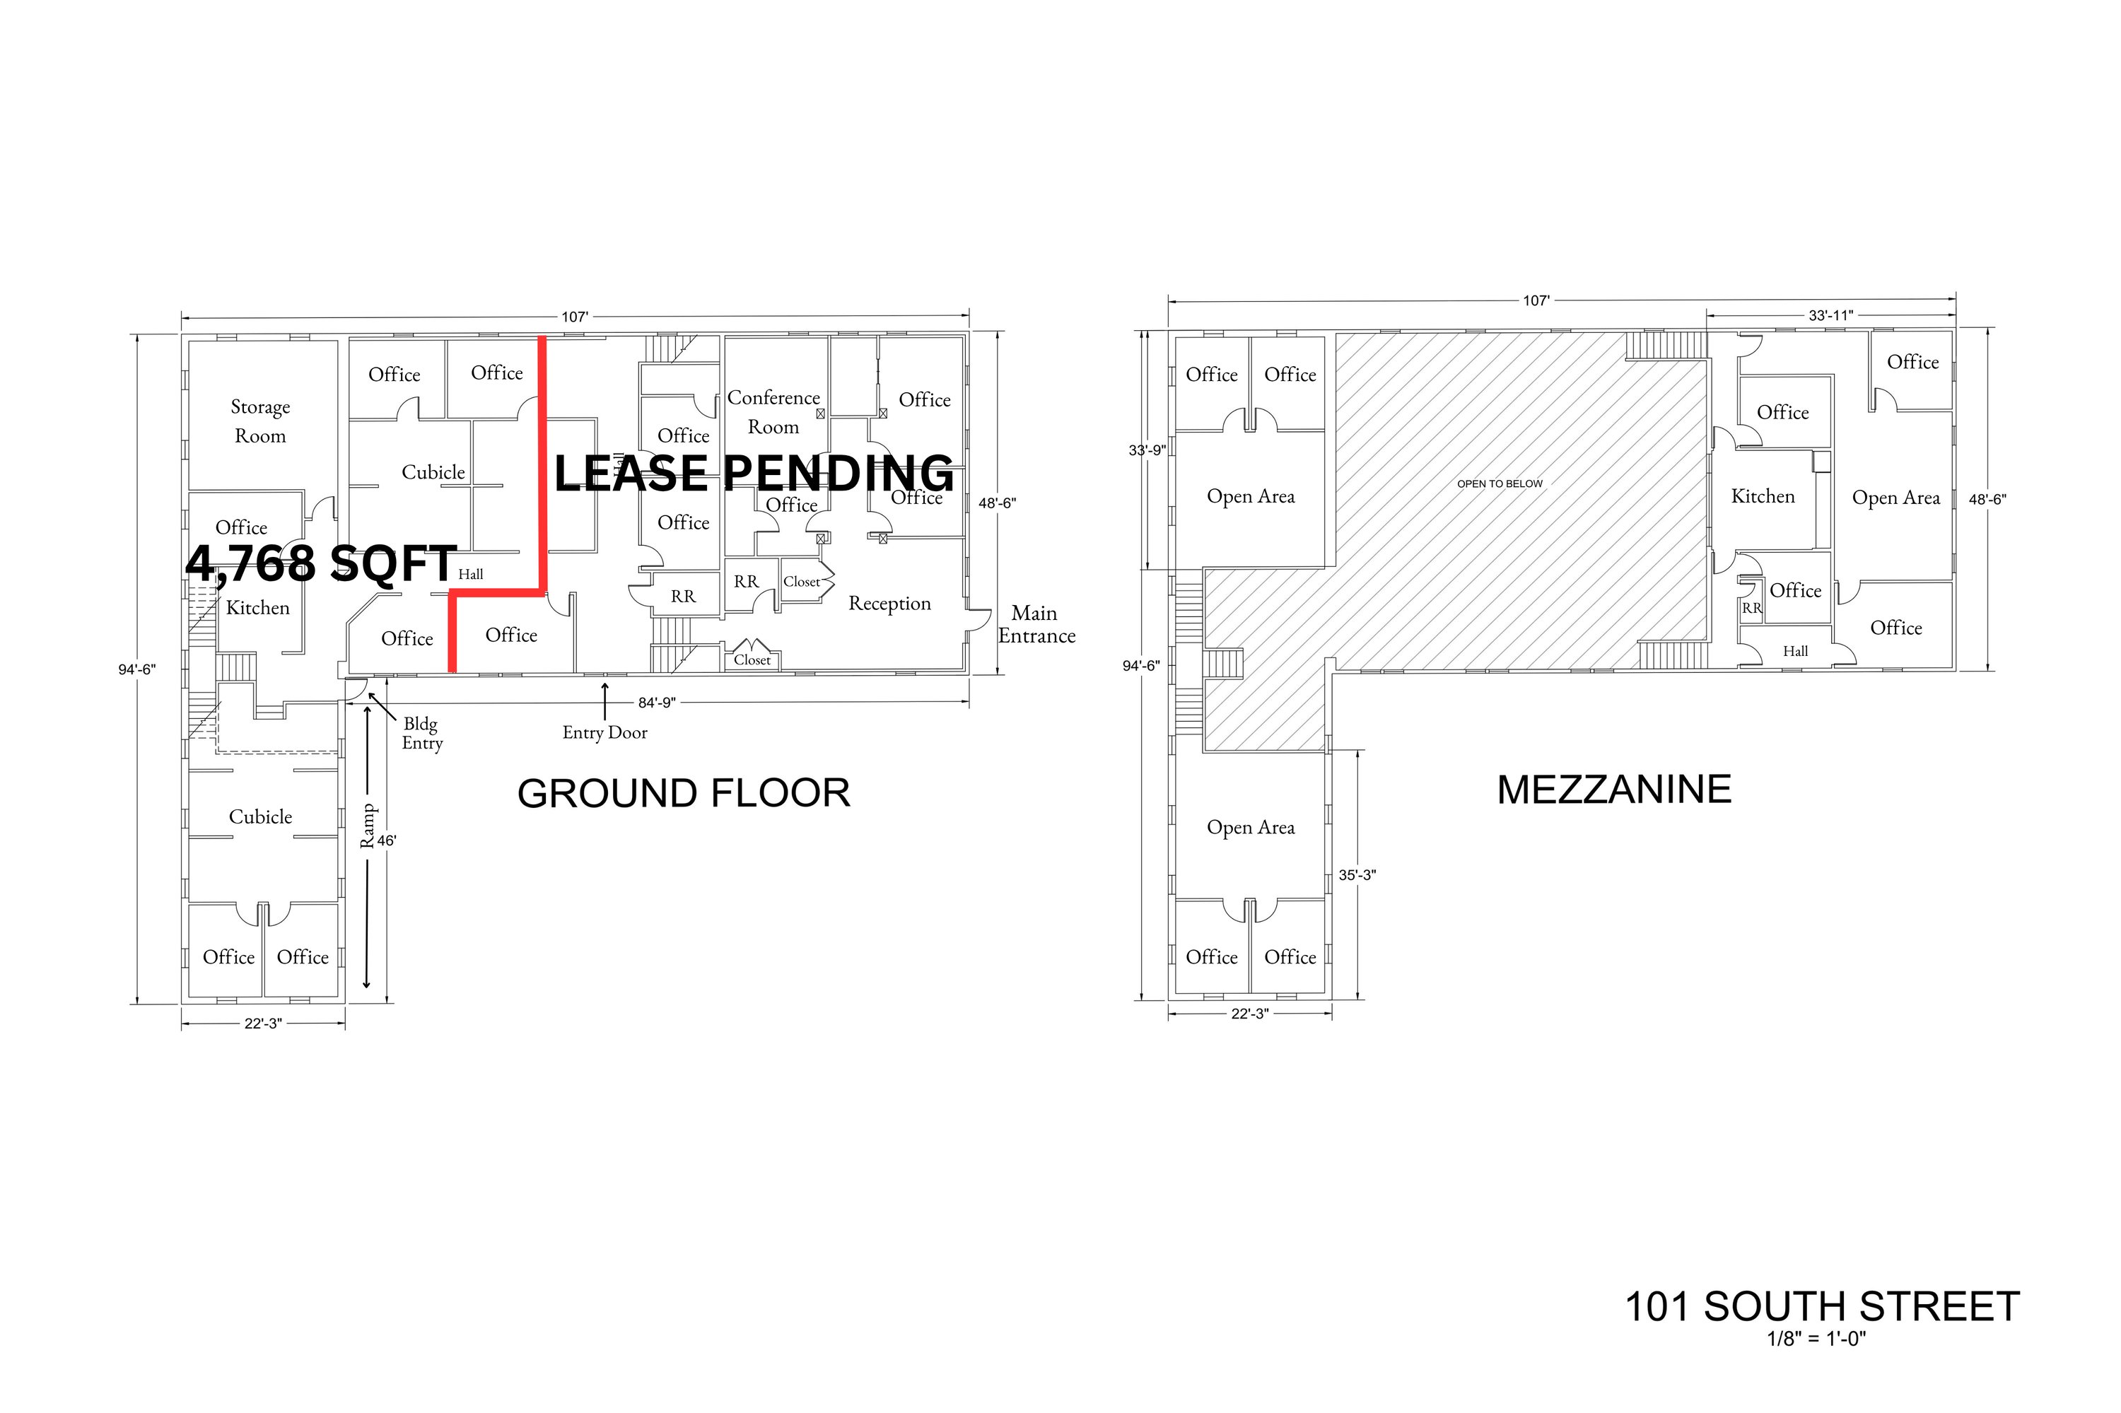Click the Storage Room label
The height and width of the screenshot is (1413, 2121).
pyautogui.click(x=259, y=421)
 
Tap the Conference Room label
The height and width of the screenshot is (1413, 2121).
pyautogui.click(x=773, y=412)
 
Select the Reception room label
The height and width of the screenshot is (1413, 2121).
pyautogui.click(x=889, y=604)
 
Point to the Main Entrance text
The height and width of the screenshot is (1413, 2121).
pyautogui.click(x=1036, y=623)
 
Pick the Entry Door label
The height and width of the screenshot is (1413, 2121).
pyautogui.click(x=605, y=732)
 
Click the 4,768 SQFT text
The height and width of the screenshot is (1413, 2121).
pyautogui.click(x=321, y=563)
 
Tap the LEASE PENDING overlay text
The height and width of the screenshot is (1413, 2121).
pyautogui.click(x=754, y=473)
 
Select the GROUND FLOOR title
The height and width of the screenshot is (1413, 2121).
pyautogui.click(x=683, y=793)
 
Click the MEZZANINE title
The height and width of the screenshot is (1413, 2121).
pyautogui.click(x=1613, y=790)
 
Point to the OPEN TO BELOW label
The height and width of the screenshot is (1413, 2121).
pyautogui.click(x=1500, y=484)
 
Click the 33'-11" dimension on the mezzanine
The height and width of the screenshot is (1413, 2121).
pyautogui.click(x=1830, y=315)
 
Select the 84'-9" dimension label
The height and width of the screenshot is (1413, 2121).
pyautogui.click(x=656, y=703)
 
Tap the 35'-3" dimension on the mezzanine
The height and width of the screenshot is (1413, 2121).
pyautogui.click(x=1357, y=875)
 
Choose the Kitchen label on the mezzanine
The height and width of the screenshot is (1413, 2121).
pyautogui.click(x=1763, y=496)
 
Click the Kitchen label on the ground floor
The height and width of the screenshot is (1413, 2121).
pyautogui.click(x=258, y=609)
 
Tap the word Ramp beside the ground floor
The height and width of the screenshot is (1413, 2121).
pyautogui.click(x=367, y=826)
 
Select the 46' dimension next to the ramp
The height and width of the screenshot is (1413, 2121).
pyautogui.click(x=387, y=840)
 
